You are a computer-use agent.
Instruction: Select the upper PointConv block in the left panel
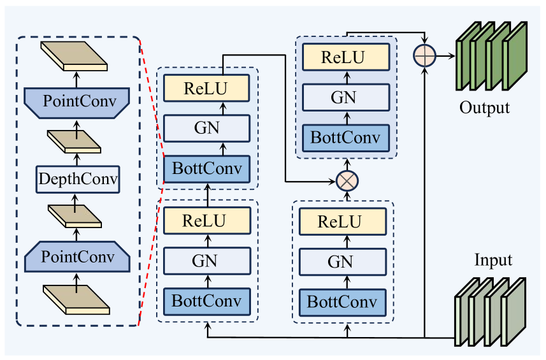76,101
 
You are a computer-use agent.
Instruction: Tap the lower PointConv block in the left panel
76,257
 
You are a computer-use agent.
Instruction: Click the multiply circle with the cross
347,181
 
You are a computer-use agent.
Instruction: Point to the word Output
485,107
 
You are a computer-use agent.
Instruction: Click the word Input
493,261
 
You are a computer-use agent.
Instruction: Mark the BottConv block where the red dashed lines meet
207,168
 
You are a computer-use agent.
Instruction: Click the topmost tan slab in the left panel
74,57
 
